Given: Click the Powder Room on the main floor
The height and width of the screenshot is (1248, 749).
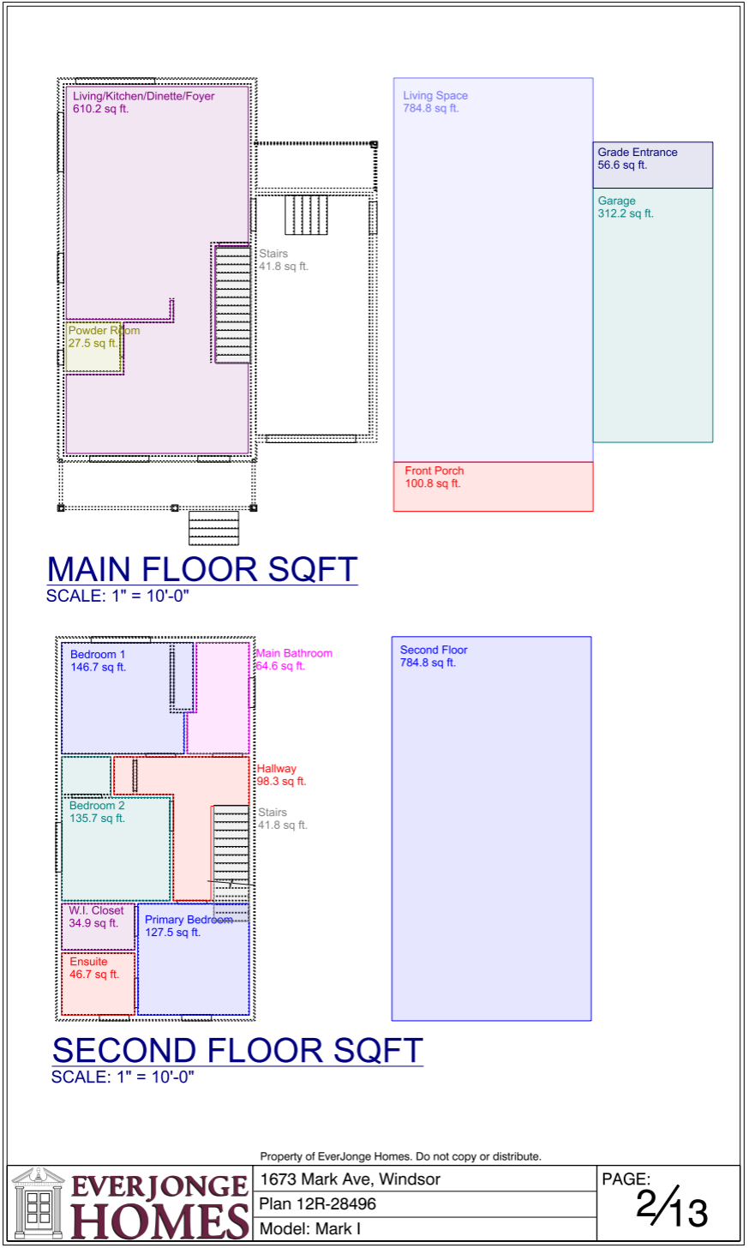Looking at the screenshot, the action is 93,347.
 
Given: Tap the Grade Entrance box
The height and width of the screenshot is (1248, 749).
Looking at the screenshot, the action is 653,165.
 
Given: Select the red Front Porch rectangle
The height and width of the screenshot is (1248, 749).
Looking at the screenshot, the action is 493,486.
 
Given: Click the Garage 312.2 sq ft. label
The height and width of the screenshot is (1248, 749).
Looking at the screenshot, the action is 626,207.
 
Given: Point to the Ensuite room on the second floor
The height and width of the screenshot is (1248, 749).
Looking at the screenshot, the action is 98,984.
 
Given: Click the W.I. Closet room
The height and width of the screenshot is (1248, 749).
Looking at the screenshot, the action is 98,927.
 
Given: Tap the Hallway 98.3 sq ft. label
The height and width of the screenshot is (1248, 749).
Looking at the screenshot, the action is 281,775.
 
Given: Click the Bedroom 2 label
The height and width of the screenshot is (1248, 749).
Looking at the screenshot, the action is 97,812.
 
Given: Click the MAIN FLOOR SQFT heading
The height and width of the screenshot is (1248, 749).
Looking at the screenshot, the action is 202,569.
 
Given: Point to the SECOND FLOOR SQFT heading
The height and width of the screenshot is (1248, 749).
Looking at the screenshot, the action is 237,1051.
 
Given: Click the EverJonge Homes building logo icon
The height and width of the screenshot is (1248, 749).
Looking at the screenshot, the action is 38,1203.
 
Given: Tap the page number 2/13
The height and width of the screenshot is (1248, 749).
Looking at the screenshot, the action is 672,1208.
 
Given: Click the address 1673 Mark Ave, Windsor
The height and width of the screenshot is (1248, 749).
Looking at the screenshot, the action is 351,1179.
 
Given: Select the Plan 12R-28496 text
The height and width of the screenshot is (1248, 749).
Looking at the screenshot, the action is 317,1204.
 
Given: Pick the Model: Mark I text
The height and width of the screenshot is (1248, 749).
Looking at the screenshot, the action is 310,1228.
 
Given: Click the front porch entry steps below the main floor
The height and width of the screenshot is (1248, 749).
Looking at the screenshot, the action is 214,528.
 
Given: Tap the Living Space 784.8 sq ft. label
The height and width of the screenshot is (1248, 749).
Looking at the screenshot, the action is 435,102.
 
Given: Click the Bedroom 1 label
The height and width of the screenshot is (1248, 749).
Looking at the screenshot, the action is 98,661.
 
